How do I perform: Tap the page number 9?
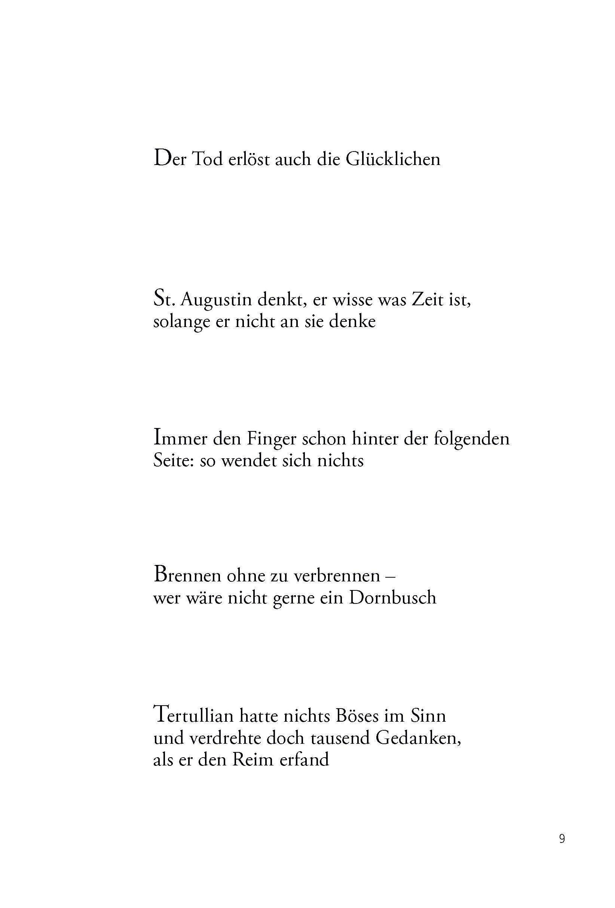562,839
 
